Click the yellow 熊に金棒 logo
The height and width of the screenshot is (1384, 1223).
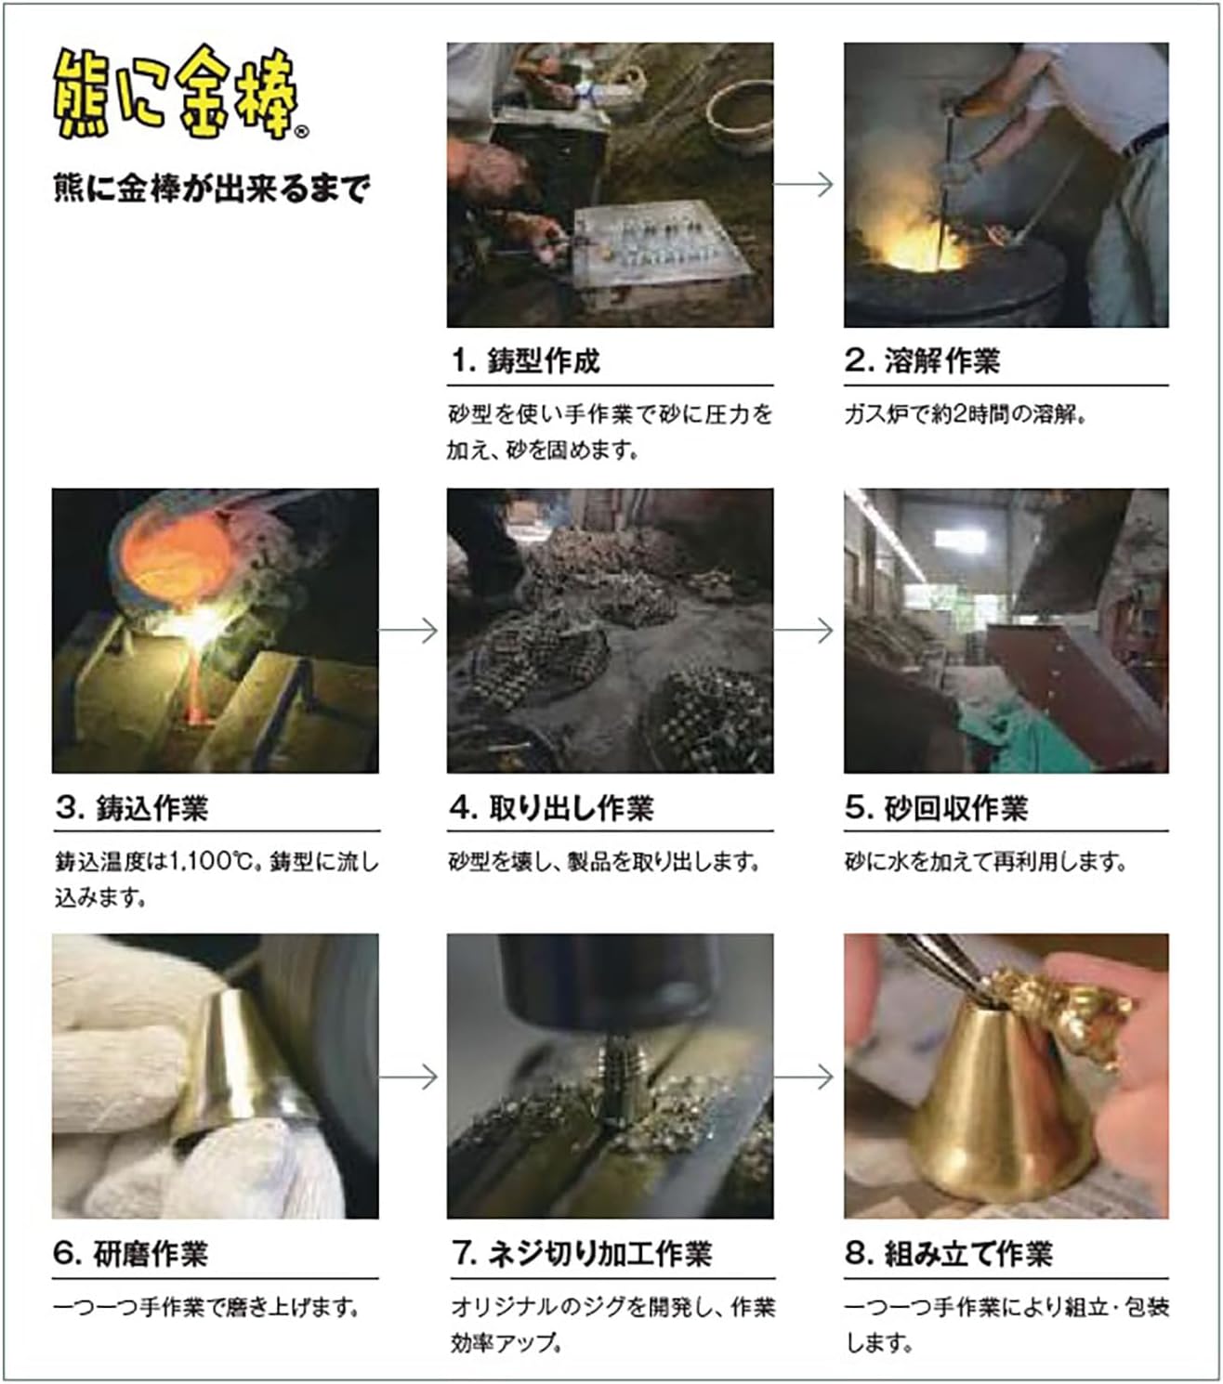(176, 94)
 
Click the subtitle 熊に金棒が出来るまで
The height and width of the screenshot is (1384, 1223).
(212, 188)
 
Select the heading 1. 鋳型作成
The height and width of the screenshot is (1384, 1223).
(526, 360)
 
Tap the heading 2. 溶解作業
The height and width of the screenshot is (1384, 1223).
(922, 360)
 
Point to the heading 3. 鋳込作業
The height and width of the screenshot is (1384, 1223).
(132, 807)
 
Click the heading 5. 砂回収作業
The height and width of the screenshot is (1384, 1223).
(937, 807)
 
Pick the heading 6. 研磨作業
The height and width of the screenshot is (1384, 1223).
(131, 1252)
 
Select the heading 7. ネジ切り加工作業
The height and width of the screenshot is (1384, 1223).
(582, 1252)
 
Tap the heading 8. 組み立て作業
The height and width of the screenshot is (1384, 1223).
(949, 1252)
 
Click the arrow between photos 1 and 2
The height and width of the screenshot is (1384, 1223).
(804, 184)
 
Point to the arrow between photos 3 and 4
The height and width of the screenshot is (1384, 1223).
(408, 630)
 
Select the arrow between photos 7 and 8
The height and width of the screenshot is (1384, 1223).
(804, 1077)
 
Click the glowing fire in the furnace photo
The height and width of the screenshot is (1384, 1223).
(919, 242)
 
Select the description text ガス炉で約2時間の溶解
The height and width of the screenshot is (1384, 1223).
(965, 414)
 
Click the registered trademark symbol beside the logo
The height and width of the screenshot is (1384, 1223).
(301, 132)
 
